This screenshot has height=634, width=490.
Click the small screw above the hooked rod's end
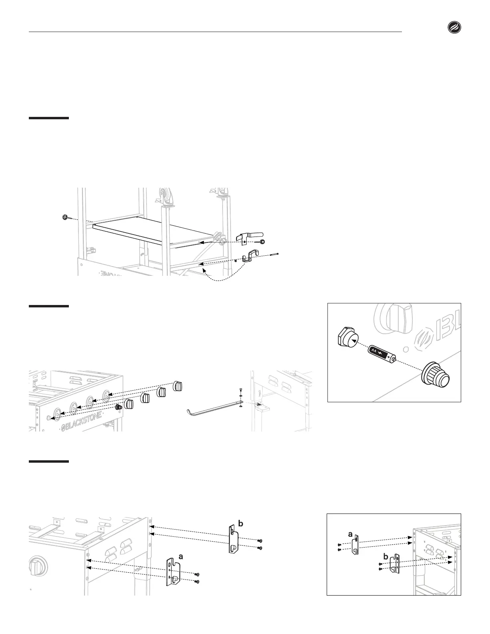(x=240, y=389)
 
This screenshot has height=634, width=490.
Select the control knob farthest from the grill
(x=177, y=386)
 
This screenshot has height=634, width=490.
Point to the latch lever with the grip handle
(x=251, y=237)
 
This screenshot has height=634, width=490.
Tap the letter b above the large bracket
(x=241, y=523)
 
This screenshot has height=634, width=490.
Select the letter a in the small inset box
(x=351, y=534)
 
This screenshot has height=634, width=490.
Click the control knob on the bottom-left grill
(x=38, y=566)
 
